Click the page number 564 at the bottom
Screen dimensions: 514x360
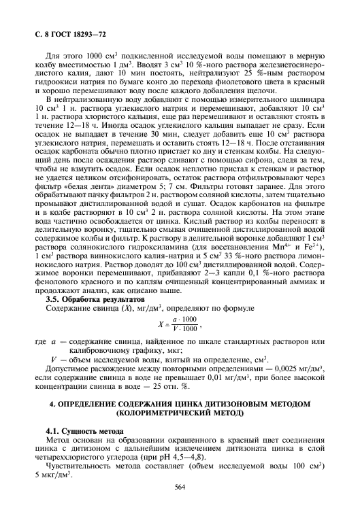click(180, 487)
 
